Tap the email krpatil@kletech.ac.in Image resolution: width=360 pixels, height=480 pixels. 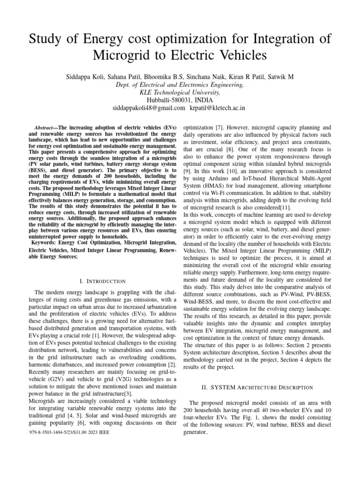[x=217, y=108]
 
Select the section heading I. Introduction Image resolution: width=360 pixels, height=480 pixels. [x=103, y=281]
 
